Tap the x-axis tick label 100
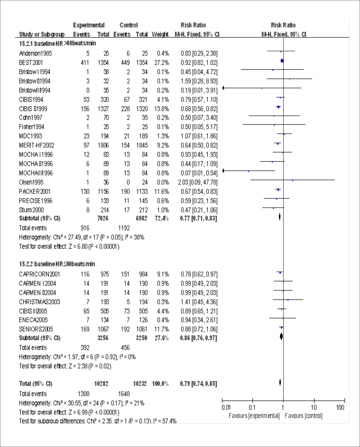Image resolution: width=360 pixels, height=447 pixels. click(x=340, y=406)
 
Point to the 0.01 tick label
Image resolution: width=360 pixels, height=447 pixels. click(x=225, y=406)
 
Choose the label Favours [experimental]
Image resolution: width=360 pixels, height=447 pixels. click(x=254, y=414)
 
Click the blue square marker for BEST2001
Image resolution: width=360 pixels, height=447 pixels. click(x=281, y=61)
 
